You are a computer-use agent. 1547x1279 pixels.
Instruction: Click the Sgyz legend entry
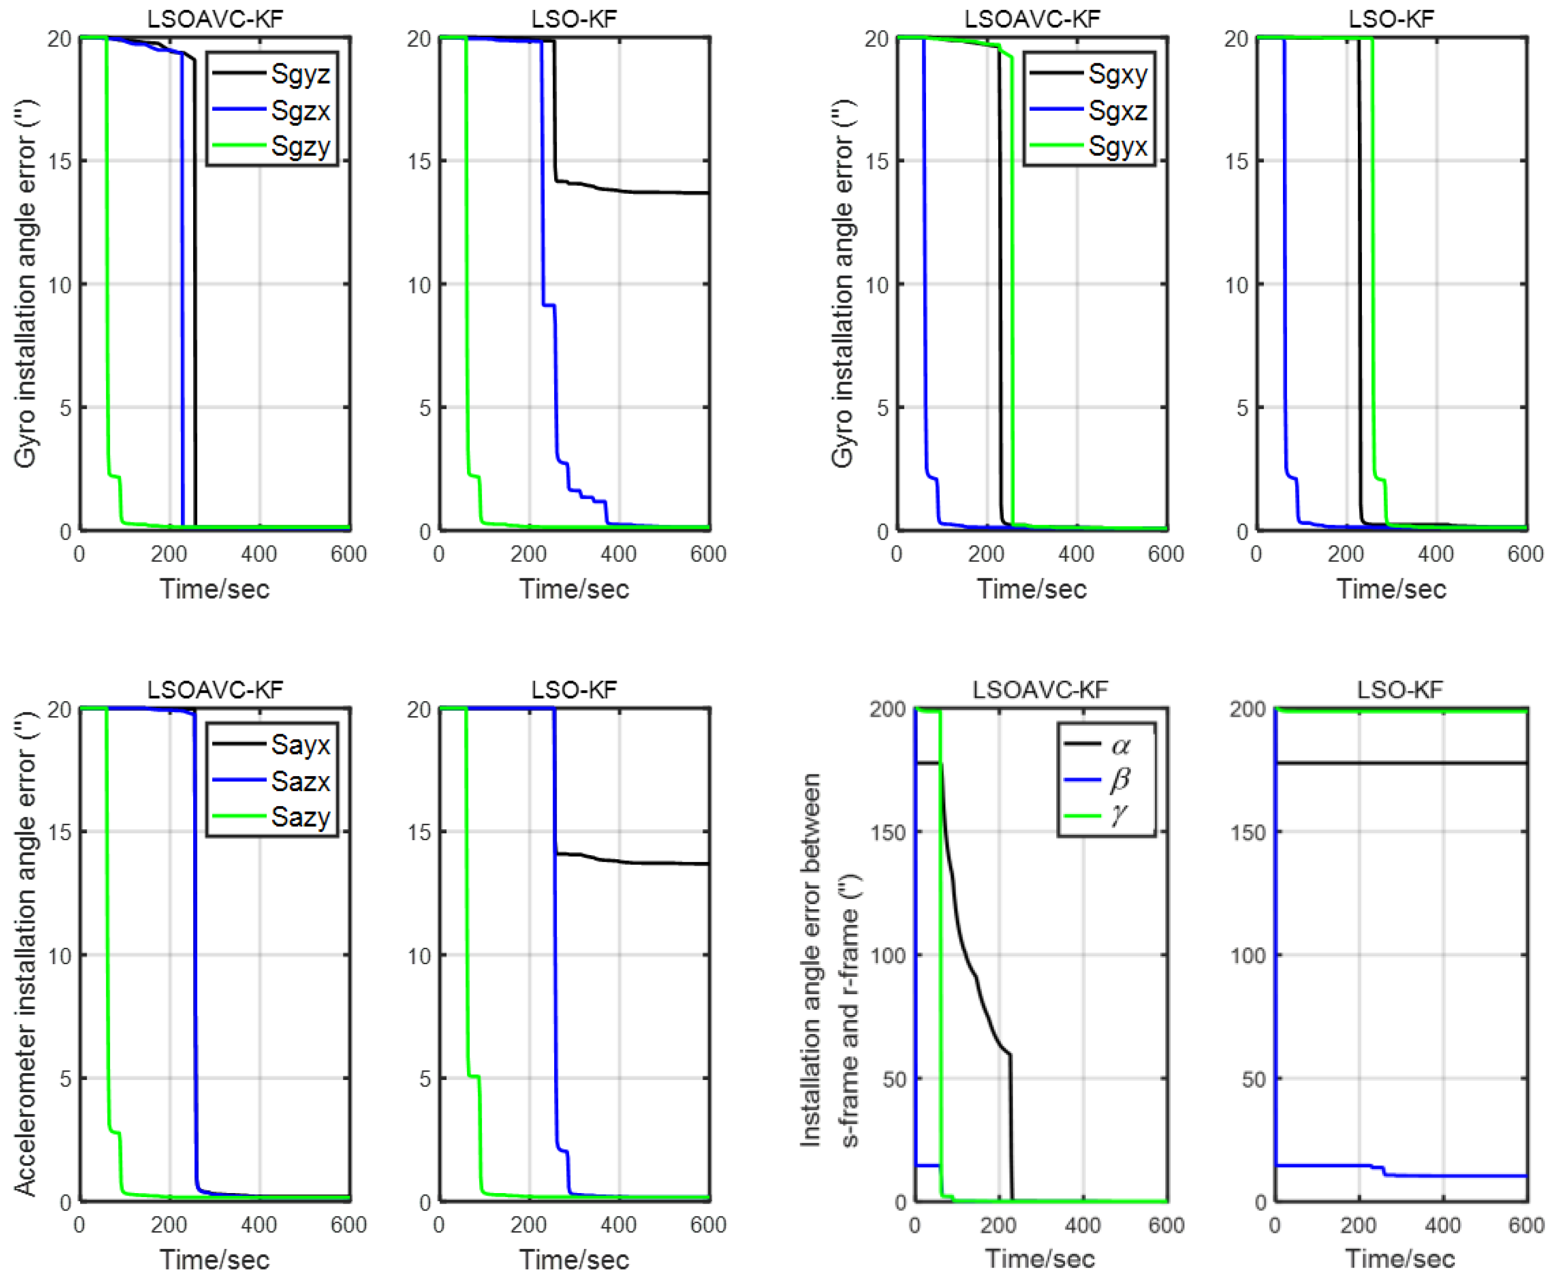pos(300,74)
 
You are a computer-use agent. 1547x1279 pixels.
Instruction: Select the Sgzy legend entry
pos(300,146)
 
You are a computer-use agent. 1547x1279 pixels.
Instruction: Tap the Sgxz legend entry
pos(1117,111)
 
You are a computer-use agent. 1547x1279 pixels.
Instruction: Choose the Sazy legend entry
pos(300,817)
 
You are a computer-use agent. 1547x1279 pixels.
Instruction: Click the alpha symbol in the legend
pos(1120,746)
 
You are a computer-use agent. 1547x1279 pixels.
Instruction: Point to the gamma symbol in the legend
pos(1120,815)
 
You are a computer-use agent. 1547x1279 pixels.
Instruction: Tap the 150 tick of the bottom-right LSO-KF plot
pos(1247,833)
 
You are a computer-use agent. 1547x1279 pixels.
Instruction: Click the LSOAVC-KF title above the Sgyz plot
pos(214,18)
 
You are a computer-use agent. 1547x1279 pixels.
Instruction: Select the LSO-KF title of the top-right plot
pos(1391,18)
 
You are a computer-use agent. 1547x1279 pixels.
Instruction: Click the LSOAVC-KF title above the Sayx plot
pos(214,690)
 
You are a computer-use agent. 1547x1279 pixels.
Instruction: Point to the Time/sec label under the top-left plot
pos(214,589)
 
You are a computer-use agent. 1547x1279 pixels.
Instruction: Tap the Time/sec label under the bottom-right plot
pos(1399,1259)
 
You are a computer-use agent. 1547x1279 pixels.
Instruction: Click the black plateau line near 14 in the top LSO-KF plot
pos(648,192)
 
